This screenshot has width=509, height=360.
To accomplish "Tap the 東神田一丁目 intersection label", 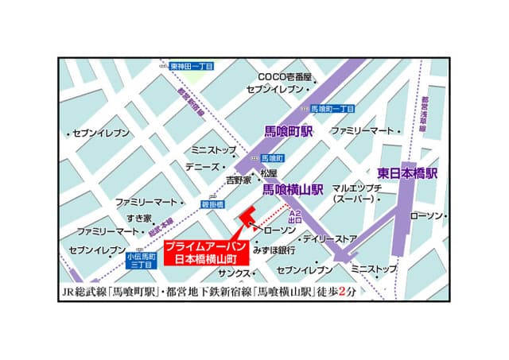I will click(x=192, y=67).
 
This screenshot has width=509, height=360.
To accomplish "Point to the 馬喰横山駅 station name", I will click(x=293, y=189).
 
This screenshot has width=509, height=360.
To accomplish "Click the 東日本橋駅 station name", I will click(x=407, y=172).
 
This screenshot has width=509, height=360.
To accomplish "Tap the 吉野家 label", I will click(x=239, y=180).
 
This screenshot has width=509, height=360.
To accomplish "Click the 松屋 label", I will click(x=269, y=173).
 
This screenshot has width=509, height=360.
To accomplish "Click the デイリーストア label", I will click(x=329, y=238).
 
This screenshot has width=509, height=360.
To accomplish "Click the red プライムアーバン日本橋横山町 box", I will click(x=201, y=253).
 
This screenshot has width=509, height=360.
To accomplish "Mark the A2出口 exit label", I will click(x=294, y=218).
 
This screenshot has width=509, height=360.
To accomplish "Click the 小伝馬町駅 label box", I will click(x=144, y=261).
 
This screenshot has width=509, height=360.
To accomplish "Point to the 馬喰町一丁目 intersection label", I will click(x=332, y=108).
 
